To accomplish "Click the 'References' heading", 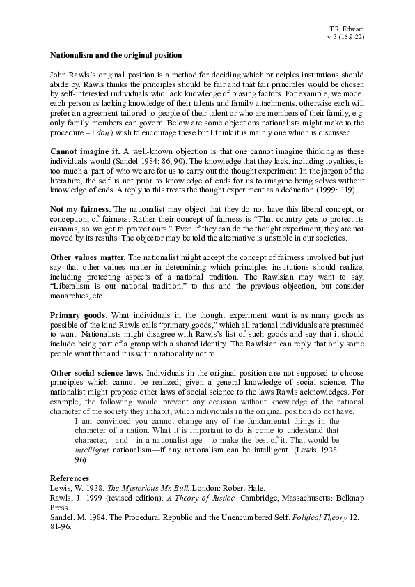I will (x=70, y=478).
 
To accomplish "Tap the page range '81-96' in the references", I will (x=62, y=528).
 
